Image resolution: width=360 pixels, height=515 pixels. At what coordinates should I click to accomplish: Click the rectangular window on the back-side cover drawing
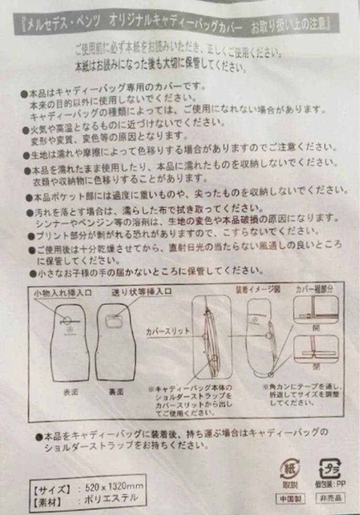114,323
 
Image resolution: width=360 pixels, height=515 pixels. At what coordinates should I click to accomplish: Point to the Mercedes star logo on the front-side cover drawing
67,330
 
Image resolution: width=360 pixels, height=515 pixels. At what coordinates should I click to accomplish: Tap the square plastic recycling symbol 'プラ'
329,466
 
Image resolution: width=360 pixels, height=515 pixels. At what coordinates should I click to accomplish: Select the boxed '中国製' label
289,499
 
